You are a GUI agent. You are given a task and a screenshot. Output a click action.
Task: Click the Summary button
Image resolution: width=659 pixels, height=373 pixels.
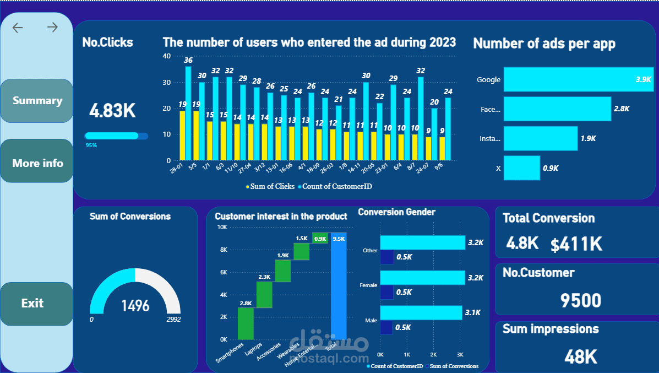[37, 101]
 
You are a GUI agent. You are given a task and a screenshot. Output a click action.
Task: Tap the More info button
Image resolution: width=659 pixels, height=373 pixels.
[37, 163]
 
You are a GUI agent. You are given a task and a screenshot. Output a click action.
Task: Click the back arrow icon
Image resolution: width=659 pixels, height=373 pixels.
[18, 28]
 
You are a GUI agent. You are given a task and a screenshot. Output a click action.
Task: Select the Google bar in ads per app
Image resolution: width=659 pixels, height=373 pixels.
[578, 79]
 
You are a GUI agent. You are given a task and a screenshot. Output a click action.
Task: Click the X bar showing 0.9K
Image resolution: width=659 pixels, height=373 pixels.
[521, 168]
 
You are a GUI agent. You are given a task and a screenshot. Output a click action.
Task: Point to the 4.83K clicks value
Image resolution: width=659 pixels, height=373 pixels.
[112, 110]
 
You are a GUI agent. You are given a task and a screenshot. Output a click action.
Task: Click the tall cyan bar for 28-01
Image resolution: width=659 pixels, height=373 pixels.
[188, 113]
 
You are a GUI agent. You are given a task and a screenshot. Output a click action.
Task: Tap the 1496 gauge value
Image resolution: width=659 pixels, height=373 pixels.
[135, 305]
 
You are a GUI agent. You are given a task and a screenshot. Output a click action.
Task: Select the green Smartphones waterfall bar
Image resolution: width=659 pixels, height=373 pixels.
[246, 323]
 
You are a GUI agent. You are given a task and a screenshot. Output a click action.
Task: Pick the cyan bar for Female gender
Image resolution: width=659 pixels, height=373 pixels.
[422, 278]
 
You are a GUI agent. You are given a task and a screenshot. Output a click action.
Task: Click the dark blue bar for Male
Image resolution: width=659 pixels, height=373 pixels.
[386, 327]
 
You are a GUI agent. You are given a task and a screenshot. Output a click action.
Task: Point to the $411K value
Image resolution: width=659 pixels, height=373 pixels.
[576, 244]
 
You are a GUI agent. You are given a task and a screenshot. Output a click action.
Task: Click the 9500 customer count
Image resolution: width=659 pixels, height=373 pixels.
[580, 300]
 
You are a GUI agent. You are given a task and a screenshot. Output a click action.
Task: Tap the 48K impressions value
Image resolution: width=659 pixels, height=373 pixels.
[580, 356]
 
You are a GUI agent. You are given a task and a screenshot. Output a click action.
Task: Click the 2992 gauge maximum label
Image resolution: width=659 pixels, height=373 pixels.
[173, 320]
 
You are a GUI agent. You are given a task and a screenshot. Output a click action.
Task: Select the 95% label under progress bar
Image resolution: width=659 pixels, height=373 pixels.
[91, 145]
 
